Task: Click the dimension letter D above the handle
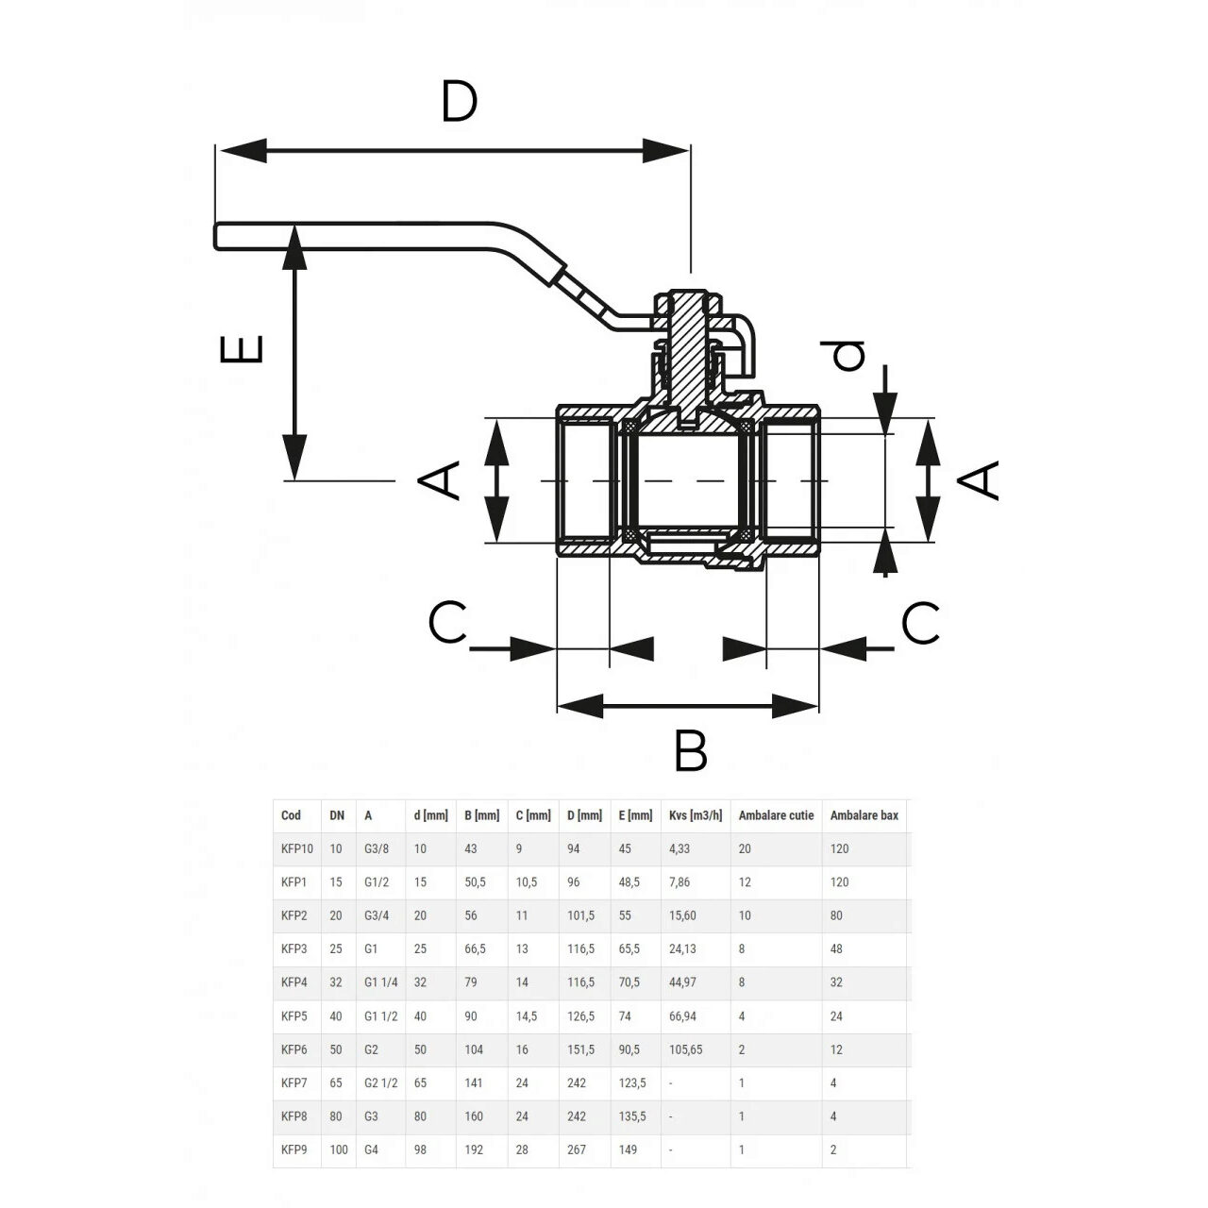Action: click(460, 102)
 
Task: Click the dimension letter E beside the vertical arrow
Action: click(242, 349)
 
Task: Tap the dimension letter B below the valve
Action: click(691, 751)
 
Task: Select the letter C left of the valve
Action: click(447, 623)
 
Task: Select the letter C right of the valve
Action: click(920, 623)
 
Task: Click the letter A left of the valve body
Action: click(440, 479)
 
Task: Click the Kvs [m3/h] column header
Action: click(696, 815)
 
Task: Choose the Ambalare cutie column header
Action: click(776, 815)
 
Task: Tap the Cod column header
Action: click(291, 815)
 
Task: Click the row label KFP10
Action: click(296, 848)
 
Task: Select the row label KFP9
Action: click(294, 1149)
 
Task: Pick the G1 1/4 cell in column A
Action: click(381, 982)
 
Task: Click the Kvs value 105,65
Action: click(685, 1049)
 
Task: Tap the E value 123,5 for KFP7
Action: click(632, 1083)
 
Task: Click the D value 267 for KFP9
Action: click(576, 1149)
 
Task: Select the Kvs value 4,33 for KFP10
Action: click(679, 848)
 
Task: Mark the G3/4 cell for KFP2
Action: click(376, 915)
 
